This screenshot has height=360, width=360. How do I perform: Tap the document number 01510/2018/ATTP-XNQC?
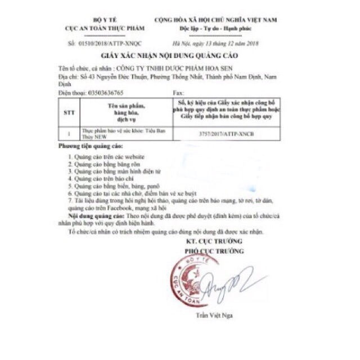tap(106, 43)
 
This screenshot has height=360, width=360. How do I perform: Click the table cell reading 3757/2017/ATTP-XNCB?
tap(226, 135)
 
